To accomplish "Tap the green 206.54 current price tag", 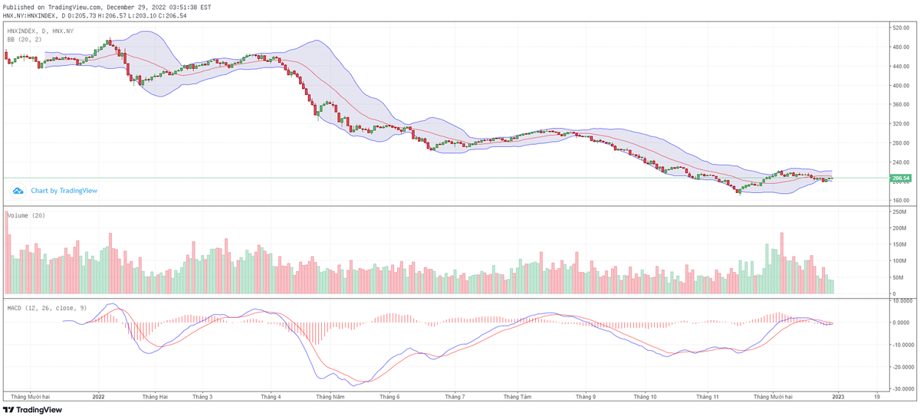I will pos(900,178).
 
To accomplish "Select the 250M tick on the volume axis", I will pos(899,211).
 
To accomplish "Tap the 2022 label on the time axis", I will pos(98,397).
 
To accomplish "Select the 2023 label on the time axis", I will pos(839,397).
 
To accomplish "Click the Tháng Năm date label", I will pos(330,397).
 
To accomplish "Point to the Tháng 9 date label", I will pos(586,397).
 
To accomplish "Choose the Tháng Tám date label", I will pos(517,397).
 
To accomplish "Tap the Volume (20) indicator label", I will pos(26,216).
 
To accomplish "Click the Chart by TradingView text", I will pos(64,191).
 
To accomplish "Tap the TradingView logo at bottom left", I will pos(32,410).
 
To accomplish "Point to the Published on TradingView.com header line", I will pos(107,7).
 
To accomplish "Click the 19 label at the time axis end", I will pos(876,397).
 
